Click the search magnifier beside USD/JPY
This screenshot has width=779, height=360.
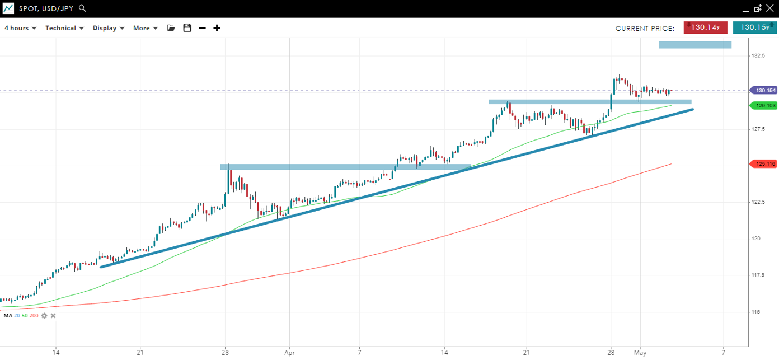pos(82,8)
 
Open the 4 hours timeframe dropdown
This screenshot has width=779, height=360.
pos(20,28)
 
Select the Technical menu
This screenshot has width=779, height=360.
pos(64,28)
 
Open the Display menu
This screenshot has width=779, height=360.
pos(108,28)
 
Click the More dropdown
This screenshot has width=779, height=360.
pos(145,28)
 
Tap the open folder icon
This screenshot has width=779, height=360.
pos(171,28)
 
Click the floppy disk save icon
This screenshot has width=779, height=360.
pos(187,28)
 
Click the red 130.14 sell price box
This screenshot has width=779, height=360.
pos(705,27)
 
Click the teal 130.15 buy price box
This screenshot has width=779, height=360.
pos(754,27)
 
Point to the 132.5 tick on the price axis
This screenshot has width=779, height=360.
pos(759,56)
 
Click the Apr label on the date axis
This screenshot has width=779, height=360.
pos(289,353)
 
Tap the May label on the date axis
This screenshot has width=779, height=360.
pos(640,353)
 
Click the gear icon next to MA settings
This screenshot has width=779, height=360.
pos(44,316)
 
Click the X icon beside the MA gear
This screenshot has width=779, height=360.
pos(53,316)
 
